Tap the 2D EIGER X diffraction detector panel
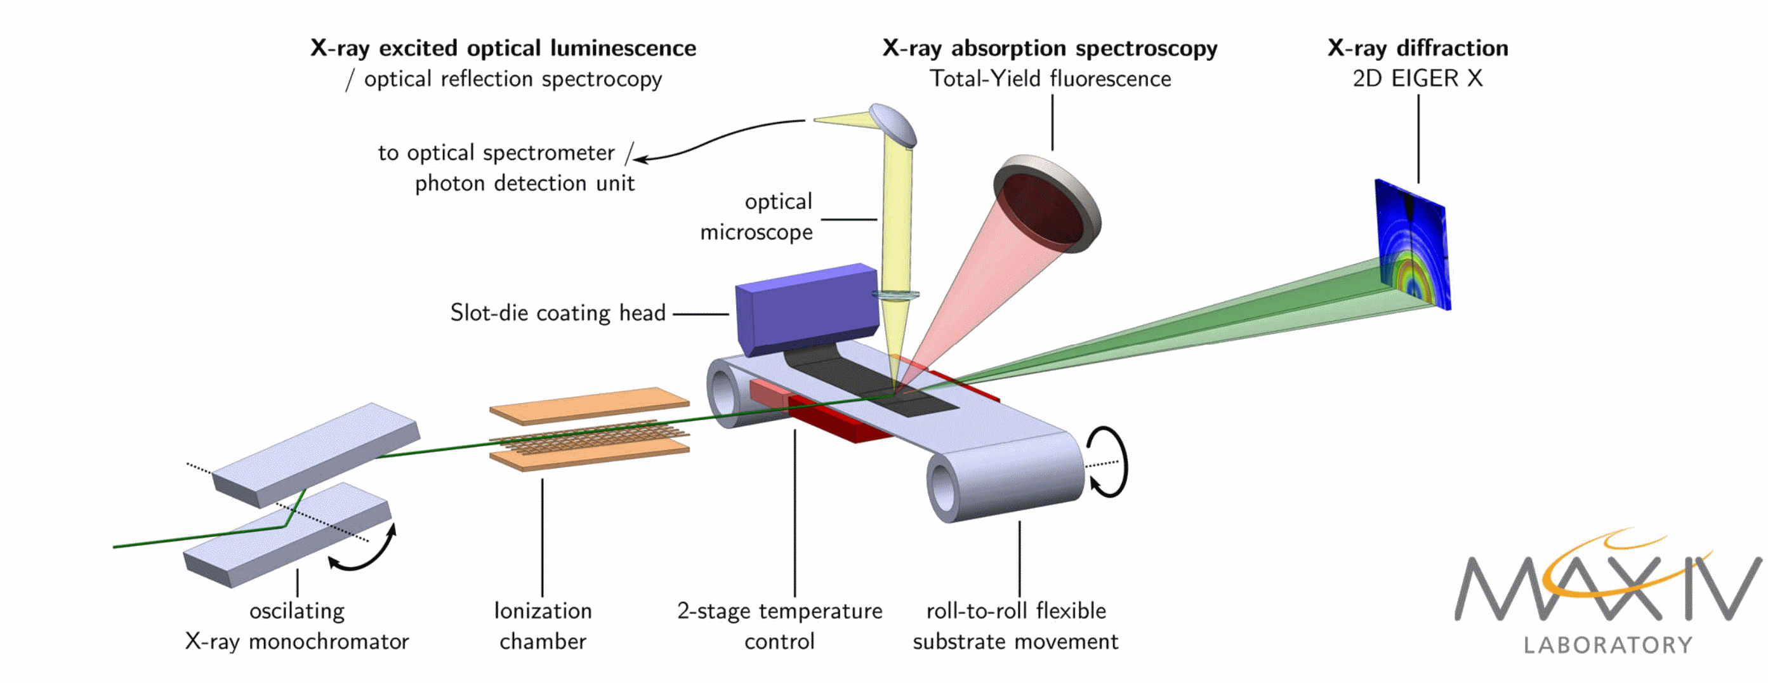pyautogui.click(x=1413, y=244)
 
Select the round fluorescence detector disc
pyautogui.click(x=1046, y=204)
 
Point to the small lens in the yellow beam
pyautogui.click(x=895, y=296)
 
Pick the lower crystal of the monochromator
pyautogui.click(x=288, y=535)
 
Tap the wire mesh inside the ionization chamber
pyautogui.click(x=589, y=436)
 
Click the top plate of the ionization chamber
pyautogui.click(x=589, y=404)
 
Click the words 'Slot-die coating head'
pyautogui.click(x=557, y=313)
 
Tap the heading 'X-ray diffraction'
pyautogui.click(x=1417, y=48)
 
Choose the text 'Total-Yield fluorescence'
pyautogui.click(x=1050, y=79)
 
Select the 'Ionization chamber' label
pyautogui.click(x=543, y=625)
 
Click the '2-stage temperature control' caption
pyautogui.click(x=780, y=625)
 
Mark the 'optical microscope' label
pyautogui.click(x=756, y=217)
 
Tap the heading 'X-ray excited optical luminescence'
pyautogui.click(x=503, y=48)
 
